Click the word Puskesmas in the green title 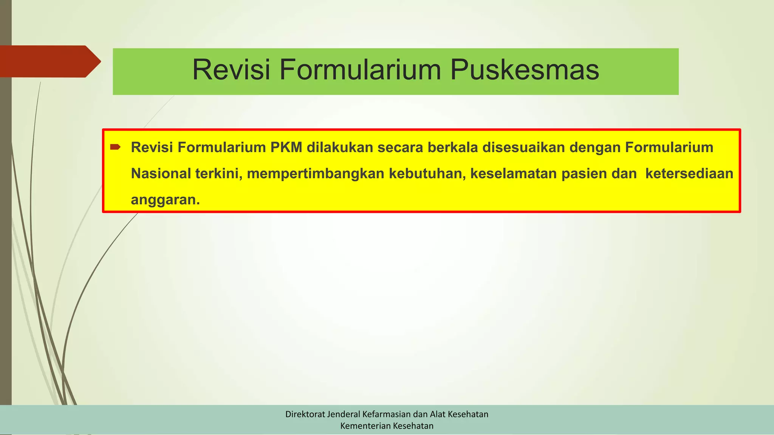pyautogui.click(x=525, y=70)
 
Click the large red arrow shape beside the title pyautogui.click(x=49, y=61)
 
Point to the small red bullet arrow pyautogui.click(x=115, y=147)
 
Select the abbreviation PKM pyautogui.click(x=286, y=147)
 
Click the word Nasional pyautogui.click(x=161, y=173)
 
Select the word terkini pyautogui.click(x=218, y=173)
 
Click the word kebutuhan pyautogui.click(x=427, y=173)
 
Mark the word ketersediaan pyautogui.click(x=689, y=173)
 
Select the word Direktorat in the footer pyautogui.click(x=305, y=414)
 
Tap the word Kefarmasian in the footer pyautogui.click(x=386, y=414)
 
